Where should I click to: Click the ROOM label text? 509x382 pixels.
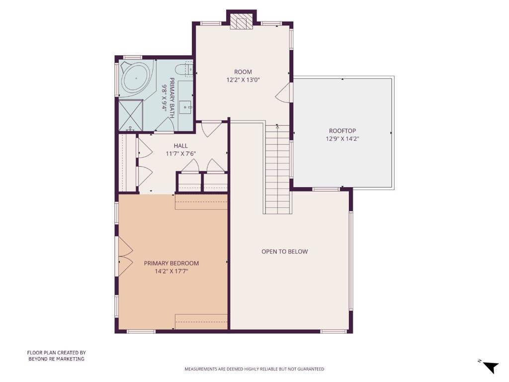click(x=243, y=72)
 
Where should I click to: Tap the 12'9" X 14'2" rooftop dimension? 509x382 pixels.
click(x=342, y=139)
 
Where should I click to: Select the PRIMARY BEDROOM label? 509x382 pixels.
click(x=171, y=263)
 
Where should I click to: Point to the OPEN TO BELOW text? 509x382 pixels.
click(x=285, y=251)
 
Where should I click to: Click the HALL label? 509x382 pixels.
click(x=180, y=146)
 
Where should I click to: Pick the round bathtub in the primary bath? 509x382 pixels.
click(x=136, y=78)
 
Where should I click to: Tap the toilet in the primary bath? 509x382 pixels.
click(x=184, y=69)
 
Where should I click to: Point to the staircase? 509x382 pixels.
click(x=277, y=169)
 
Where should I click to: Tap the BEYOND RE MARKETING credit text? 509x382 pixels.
click(x=57, y=359)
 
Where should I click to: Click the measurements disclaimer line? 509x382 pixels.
click(x=254, y=369)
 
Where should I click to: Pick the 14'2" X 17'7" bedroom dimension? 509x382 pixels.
click(x=171, y=271)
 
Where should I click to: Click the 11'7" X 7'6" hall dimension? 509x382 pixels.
click(x=180, y=154)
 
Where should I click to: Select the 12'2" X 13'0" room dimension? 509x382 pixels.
click(x=243, y=80)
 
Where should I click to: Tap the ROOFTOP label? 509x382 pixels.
click(x=342, y=131)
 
